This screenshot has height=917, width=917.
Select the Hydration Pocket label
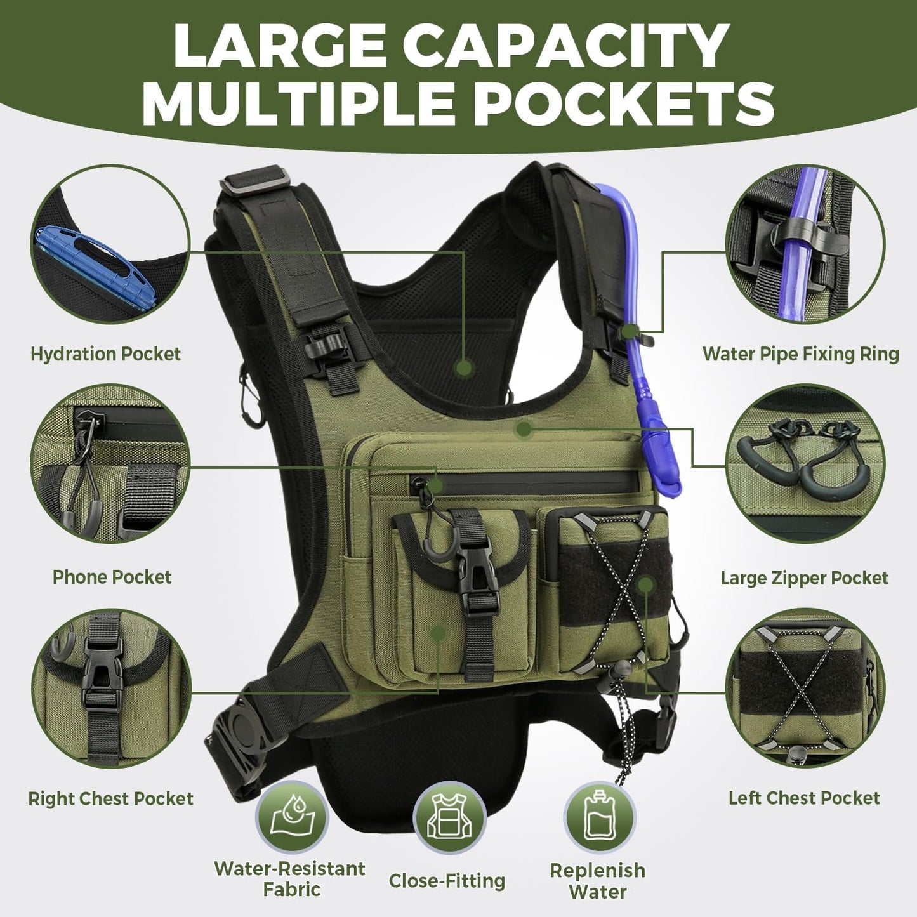point(105,353)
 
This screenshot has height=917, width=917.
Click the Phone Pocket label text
point(112,577)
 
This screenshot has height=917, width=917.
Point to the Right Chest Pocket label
point(110,798)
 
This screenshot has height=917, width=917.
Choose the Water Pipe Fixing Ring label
point(800,353)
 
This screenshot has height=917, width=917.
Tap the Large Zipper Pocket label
point(804,578)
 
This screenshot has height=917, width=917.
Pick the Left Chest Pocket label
point(804,798)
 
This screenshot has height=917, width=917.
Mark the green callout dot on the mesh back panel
point(465,367)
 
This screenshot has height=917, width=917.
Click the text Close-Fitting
point(447,881)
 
